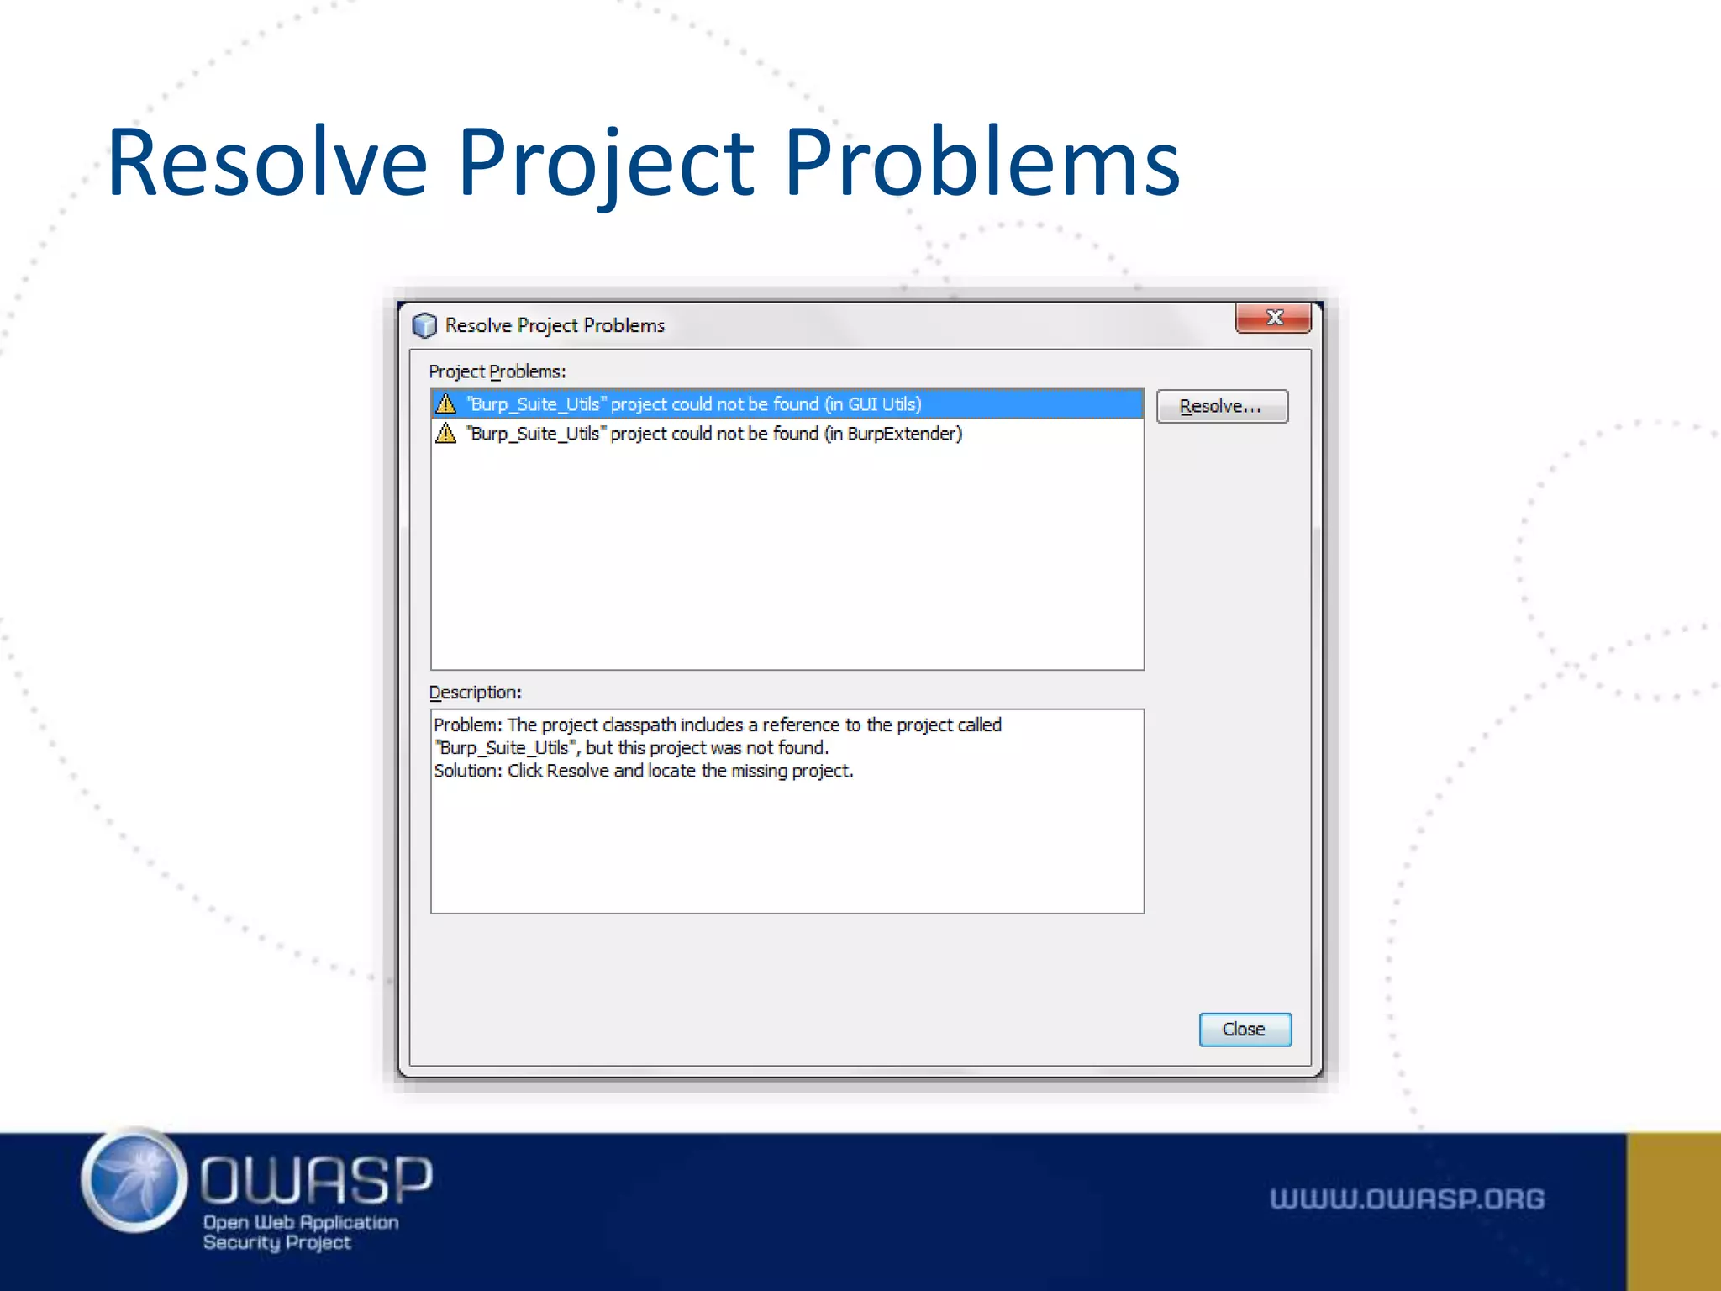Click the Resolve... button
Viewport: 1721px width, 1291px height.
1221,407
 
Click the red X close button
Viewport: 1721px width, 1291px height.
1273,318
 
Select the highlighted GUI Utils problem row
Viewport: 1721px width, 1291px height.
787,404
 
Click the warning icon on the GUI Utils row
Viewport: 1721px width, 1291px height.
445,404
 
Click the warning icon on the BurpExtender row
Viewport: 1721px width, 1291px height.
445,434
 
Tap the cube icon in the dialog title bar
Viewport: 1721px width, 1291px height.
424,325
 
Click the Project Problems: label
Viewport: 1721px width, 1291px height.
497,371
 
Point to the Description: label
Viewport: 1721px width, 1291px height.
475,693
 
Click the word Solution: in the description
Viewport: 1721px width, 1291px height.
467,771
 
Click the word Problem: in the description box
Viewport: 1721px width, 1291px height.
467,725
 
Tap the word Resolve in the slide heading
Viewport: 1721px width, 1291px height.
267,162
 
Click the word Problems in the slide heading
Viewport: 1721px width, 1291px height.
982,162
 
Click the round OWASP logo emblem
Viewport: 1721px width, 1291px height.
134,1180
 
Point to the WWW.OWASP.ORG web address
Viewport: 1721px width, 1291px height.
1407,1199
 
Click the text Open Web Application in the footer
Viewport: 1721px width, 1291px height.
301,1222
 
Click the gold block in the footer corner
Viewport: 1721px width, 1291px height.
1673,1211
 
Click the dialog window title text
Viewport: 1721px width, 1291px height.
555,325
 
